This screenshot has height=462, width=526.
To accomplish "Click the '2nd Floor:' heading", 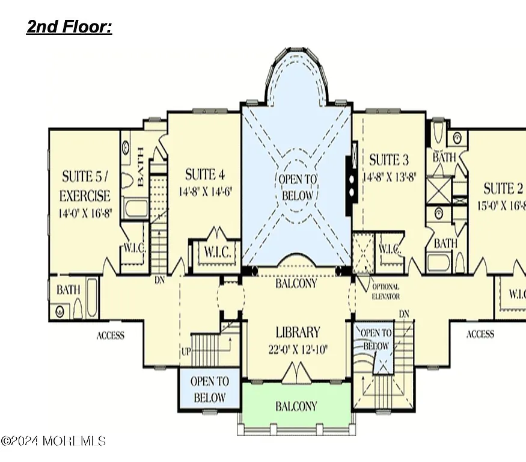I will point(69,27).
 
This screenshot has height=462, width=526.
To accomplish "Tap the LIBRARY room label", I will point(298,332).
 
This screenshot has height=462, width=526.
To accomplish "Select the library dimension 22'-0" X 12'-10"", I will point(298,350).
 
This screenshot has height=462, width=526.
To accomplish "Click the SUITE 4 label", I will point(204,174).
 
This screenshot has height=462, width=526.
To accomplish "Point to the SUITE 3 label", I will point(388,159).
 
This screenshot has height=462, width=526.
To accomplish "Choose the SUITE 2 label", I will point(504,188).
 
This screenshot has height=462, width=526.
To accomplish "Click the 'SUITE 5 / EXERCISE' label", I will point(86,186).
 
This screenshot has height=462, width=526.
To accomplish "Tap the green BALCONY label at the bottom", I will point(296,406).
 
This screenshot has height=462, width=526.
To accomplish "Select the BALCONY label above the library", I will point(296,283).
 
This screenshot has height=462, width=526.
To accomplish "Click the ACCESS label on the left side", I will point(111,335).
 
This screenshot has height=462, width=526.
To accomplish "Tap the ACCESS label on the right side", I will point(480,334).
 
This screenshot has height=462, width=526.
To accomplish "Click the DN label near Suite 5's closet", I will point(160,280).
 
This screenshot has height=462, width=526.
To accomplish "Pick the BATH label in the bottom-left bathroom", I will point(68,290).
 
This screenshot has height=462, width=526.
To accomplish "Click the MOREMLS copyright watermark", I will point(54,441).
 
